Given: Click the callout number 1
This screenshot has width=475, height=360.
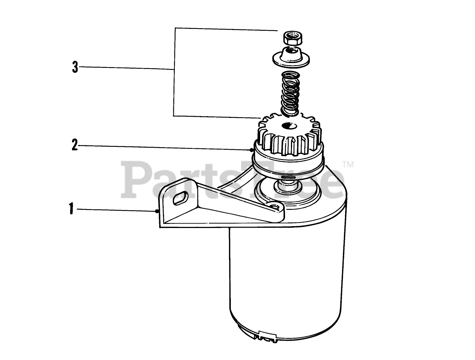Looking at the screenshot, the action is [71, 208].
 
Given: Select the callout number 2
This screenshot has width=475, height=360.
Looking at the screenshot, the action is [75, 145].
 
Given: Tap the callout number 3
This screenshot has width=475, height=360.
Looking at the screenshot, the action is [75, 67].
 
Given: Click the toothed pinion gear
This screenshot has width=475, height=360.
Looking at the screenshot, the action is [289, 136].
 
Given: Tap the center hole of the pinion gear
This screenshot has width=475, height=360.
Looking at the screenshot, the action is [289, 126].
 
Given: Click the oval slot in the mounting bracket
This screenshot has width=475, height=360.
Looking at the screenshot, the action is [180, 198].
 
